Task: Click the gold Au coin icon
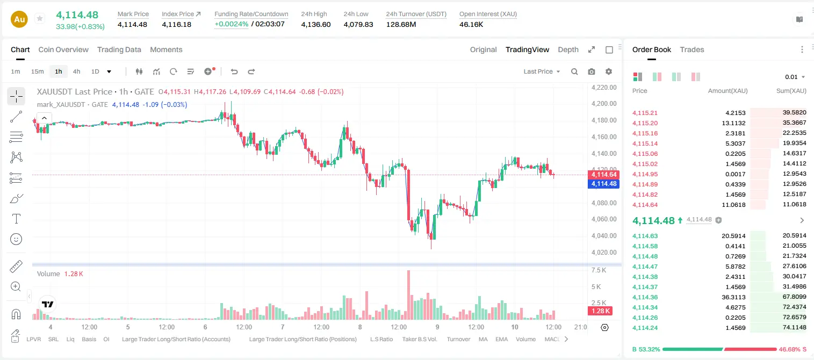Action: coord(19,19)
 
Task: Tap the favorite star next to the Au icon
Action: coord(40,18)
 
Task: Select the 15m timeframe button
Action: coord(38,71)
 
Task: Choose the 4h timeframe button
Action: coord(76,71)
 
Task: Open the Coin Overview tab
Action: coord(63,50)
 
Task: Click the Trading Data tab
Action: coord(119,50)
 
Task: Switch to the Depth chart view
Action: coord(568,50)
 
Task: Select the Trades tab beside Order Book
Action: coord(691,50)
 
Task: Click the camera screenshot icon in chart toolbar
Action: coord(591,71)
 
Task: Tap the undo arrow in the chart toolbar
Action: coord(234,71)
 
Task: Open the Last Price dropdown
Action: coord(542,71)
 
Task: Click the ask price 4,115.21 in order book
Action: coord(645,113)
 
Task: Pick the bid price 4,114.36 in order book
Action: coord(645,297)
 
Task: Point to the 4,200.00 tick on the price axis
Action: coord(604,104)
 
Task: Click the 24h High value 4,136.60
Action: coord(316,24)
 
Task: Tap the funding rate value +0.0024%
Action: coord(232,24)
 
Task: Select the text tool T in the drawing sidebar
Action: coord(16,219)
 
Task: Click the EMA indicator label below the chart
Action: coord(501,339)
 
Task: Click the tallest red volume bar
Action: coord(408,295)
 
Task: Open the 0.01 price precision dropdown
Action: coord(795,77)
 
